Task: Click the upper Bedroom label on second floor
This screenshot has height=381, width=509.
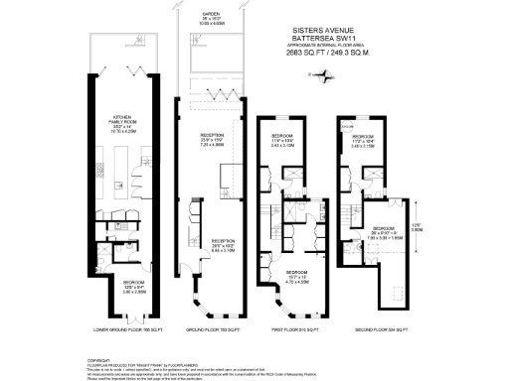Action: point(362,138)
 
